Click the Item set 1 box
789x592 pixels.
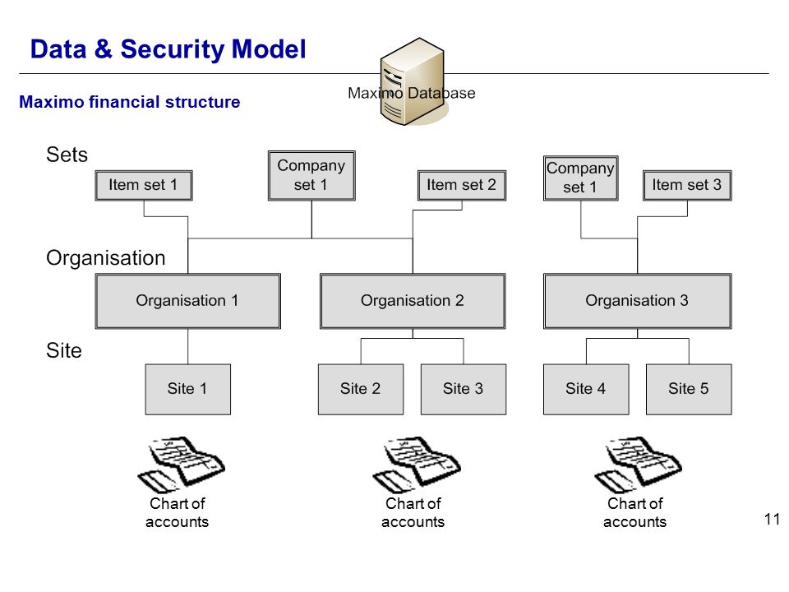(x=144, y=185)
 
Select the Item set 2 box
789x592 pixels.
(x=462, y=185)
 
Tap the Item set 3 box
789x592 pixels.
(x=687, y=185)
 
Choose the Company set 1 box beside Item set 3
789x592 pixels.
(x=581, y=178)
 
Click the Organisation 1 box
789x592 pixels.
(x=187, y=301)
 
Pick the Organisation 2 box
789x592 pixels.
(x=413, y=301)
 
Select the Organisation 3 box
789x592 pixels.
(x=638, y=301)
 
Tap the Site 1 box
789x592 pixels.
(x=187, y=389)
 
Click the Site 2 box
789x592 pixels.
(x=361, y=389)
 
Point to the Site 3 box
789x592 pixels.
(x=464, y=389)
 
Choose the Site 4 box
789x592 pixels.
(x=586, y=389)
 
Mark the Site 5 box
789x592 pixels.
(x=689, y=389)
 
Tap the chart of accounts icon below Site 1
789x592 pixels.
(x=181, y=465)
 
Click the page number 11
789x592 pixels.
(x=772, y=519)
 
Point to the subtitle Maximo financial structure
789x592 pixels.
(x=130, y=102)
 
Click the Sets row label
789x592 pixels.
(x=67, y=155)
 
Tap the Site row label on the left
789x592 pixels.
(x=64, y=350)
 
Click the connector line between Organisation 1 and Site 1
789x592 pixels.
(x=187, y=347)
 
